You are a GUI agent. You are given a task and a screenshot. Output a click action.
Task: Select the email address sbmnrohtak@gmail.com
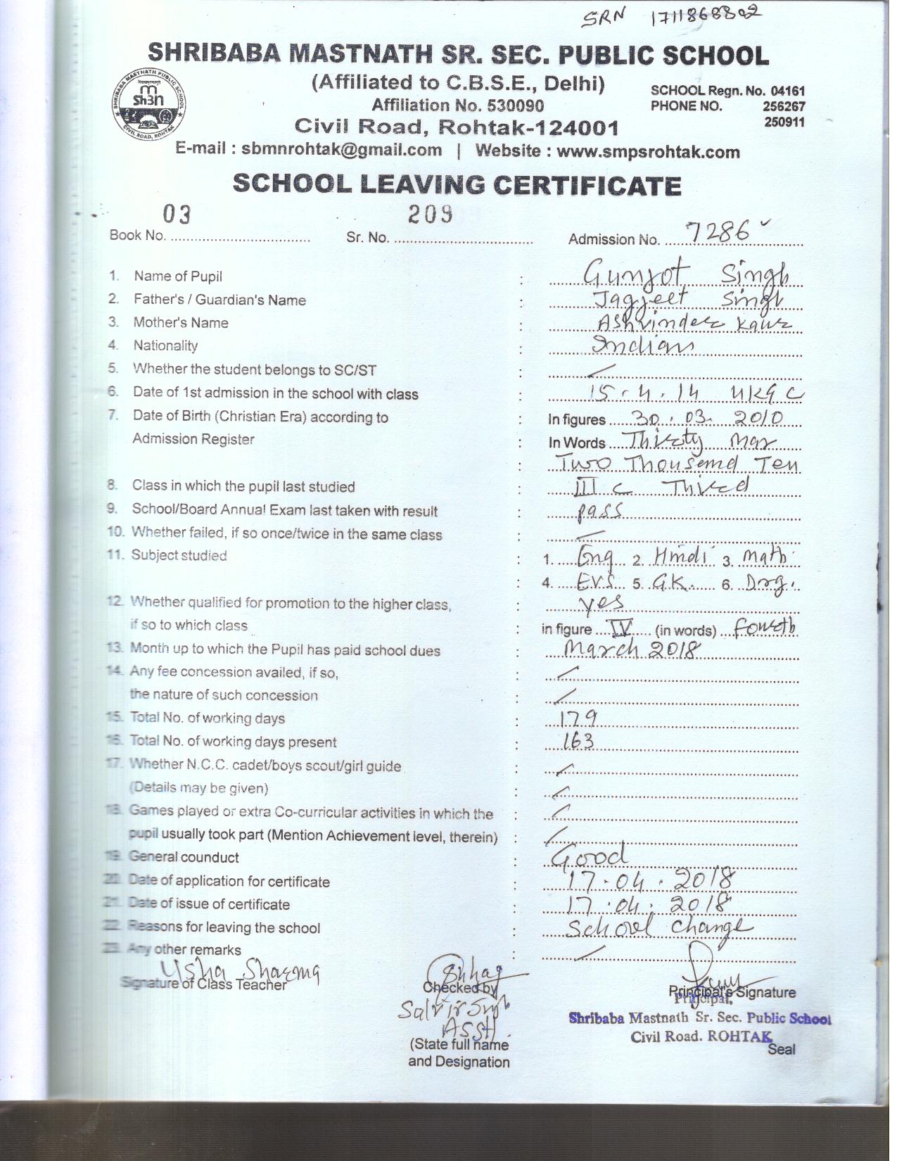tap(341, 150)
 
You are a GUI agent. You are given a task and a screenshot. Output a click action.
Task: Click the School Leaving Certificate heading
tap(457, 185)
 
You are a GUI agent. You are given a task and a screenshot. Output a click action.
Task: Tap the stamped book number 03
tap(177, 213)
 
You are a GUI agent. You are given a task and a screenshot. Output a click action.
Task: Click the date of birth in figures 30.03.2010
tap(707, 419)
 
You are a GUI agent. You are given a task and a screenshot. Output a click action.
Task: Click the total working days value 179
tap(579, 718)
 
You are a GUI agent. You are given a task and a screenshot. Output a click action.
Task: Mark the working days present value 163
tap(579, 741)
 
